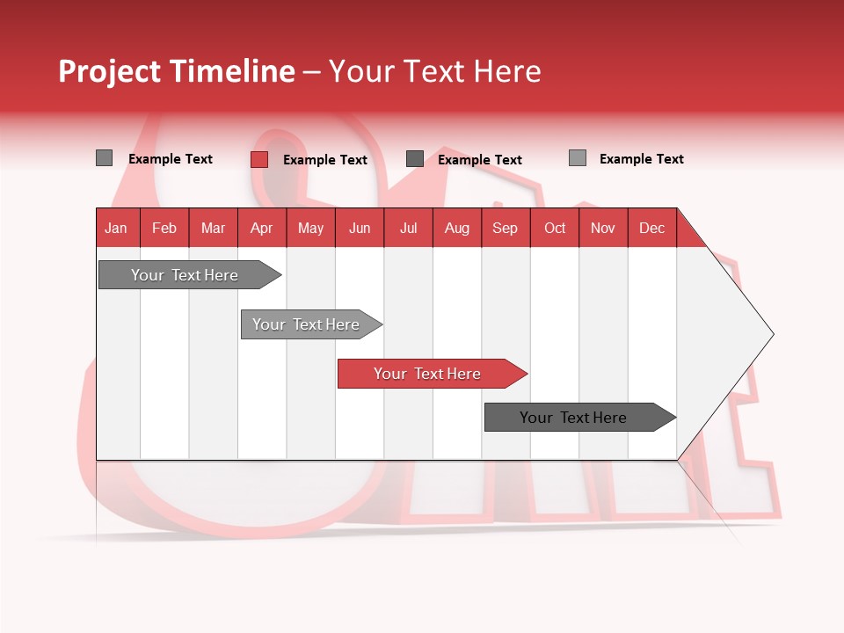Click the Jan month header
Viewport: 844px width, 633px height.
point(116,228)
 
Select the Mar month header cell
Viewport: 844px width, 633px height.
point(213,228)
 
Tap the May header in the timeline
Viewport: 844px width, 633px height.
point(310,228)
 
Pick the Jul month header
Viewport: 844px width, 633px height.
point(408,228)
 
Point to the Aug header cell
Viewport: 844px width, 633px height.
point(456,228)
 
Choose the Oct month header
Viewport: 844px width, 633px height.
point(555,228)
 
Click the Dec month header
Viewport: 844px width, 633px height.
point(651,228)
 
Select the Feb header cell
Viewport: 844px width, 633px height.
point(164,228)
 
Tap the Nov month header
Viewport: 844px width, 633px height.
point(603,228)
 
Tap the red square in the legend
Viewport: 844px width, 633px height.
point(259,159)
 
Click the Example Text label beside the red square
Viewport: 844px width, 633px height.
point(325,160)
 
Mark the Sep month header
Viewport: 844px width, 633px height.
point(505,228)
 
